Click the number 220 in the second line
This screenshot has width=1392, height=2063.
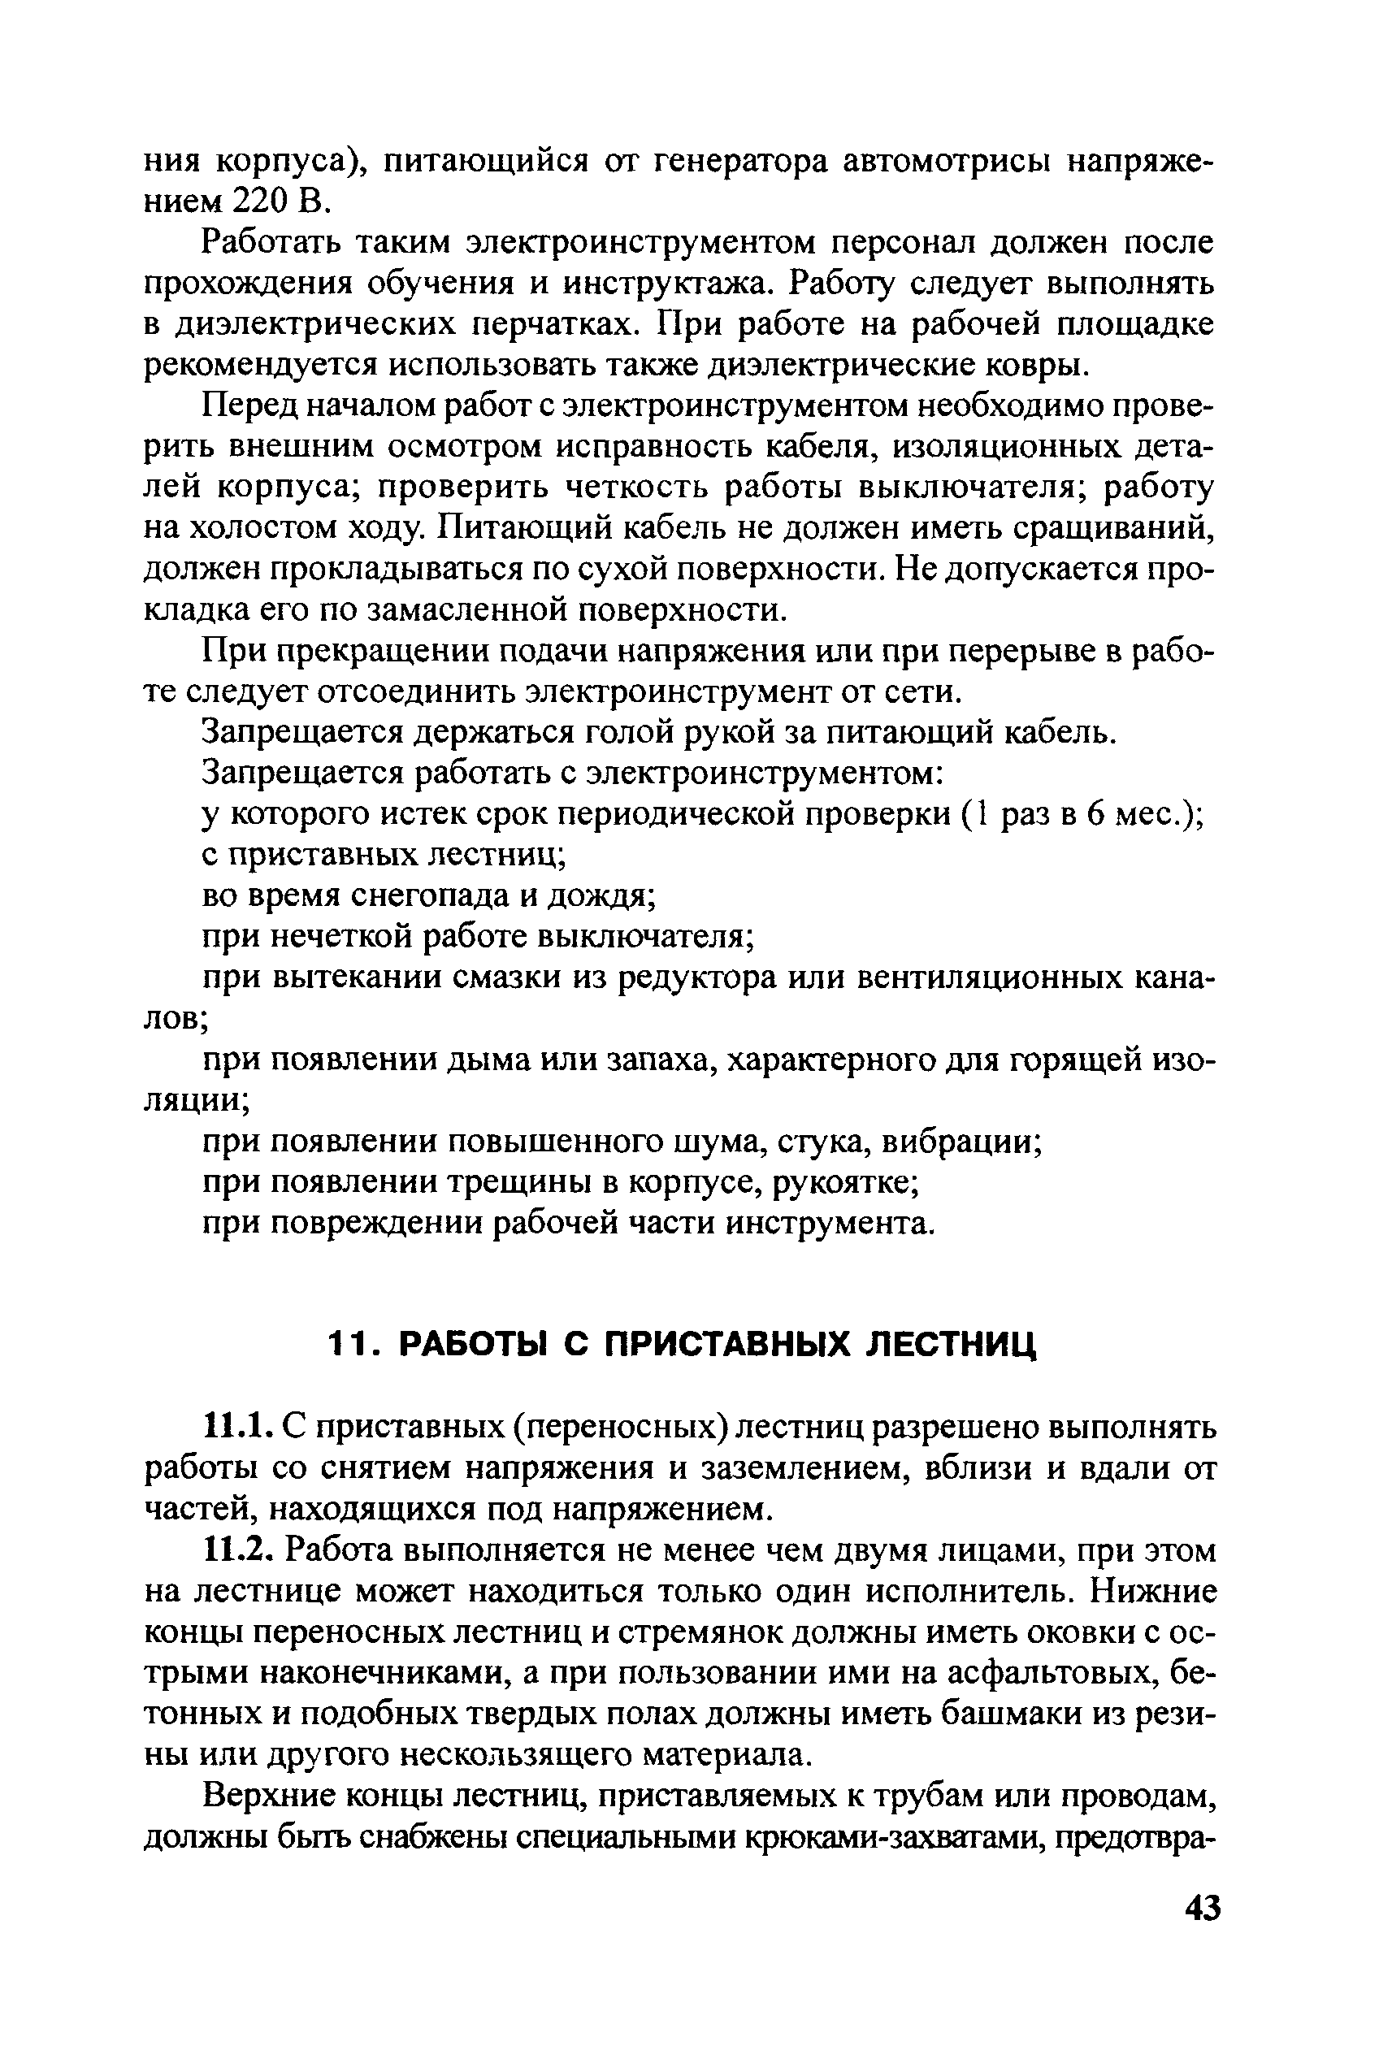coord(260,202)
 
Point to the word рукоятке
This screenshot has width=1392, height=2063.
coord(844,1182)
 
